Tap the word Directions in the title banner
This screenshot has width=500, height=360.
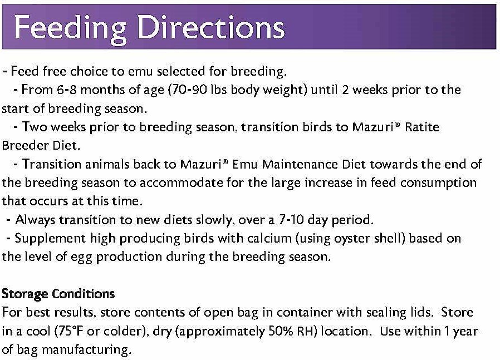pos(211,27)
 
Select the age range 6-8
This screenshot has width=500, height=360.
pos(67,90)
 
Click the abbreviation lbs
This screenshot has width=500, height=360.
pos(219,90)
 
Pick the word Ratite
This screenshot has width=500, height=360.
pos(422,127)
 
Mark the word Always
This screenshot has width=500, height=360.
pos(35,220)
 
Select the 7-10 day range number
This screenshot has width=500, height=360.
pos(291,220)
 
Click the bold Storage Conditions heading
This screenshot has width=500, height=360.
pos(58,294)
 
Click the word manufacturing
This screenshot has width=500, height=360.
pos(86,350)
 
